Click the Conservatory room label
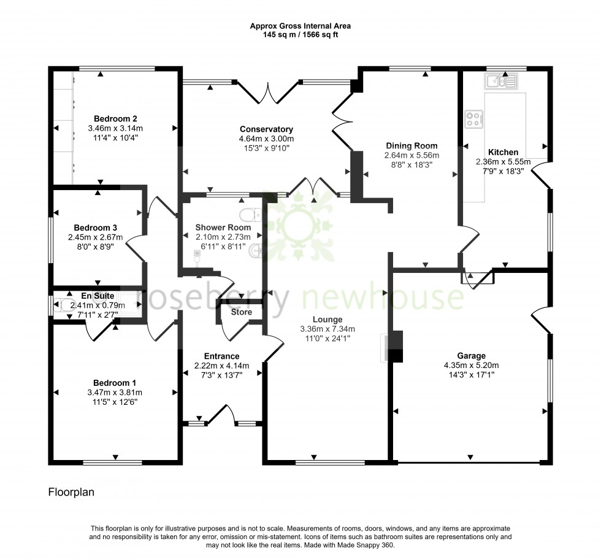click(266, 129)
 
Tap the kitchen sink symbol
click(501, 80)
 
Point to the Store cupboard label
click(241, 312)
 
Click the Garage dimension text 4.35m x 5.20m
click(471, 365)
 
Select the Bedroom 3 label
click(95, 228)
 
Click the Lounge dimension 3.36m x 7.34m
click(327, 329)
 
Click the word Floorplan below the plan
click(71, 492)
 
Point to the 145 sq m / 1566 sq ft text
click(300, 35)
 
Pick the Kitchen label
click(503, 152)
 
